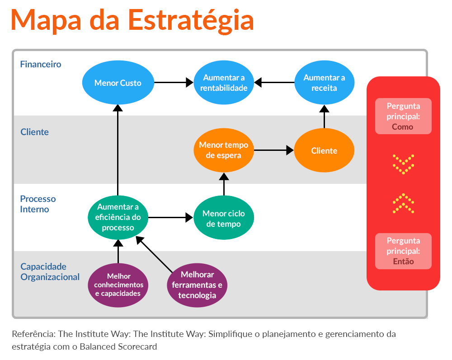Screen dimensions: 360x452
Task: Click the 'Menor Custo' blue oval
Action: pos(118,83)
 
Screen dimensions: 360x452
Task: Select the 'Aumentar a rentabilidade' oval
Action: pos(224,83)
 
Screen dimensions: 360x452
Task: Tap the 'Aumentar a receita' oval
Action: pos(324,83)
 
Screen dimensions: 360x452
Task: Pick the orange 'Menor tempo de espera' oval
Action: pos(224,150)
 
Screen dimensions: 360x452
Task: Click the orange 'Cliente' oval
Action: pos(324,150)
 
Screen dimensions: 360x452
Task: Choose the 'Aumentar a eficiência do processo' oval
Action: pos(118,217)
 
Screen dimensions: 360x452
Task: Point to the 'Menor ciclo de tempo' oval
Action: pos(224,218)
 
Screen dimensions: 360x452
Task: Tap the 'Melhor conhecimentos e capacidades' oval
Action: pos(118,285)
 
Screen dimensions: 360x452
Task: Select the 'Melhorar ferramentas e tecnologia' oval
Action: pos(197,285)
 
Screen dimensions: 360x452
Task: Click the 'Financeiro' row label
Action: pos(41,64)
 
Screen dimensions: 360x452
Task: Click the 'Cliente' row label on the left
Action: pos(34,132)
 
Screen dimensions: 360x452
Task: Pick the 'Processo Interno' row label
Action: pos(38,204)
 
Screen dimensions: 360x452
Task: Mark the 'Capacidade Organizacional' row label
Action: pos(50,271)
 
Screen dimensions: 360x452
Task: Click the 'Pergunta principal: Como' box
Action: pos(403,116)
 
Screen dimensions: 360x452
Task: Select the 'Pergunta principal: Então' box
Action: pos(403,251)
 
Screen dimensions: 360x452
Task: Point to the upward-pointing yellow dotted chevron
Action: pos(403,203)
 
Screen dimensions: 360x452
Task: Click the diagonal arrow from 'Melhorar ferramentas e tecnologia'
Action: pos(155,255)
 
